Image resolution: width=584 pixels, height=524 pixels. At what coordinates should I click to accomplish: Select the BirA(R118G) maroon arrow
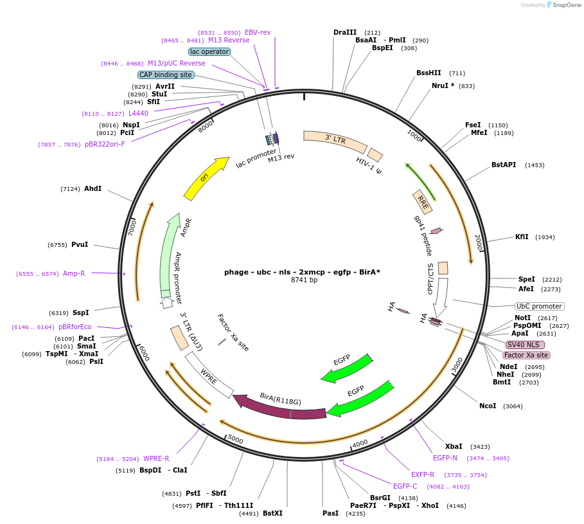279,407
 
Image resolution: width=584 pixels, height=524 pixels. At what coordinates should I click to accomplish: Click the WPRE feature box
209,375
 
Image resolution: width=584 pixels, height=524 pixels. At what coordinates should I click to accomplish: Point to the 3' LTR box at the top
335,141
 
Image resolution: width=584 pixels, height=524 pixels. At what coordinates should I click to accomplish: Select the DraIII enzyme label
345,32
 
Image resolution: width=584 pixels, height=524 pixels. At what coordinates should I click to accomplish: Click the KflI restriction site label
522,237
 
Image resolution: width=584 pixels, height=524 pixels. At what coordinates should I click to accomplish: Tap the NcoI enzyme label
488,406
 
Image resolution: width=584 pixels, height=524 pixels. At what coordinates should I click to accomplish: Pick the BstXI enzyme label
272,513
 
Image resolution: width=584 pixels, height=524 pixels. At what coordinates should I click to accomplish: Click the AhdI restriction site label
93,188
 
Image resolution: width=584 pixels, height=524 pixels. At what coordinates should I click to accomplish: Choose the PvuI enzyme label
80,244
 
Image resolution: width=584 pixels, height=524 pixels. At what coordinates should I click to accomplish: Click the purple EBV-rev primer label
258,32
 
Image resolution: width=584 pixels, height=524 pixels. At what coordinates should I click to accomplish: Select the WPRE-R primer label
156,458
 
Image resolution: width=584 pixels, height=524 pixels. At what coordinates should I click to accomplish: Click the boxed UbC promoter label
540,306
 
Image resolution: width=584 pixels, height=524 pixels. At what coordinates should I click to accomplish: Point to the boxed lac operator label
209,51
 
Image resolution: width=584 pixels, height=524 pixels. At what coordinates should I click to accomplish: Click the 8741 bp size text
304,280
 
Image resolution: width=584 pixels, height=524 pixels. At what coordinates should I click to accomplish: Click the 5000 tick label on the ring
236,440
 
